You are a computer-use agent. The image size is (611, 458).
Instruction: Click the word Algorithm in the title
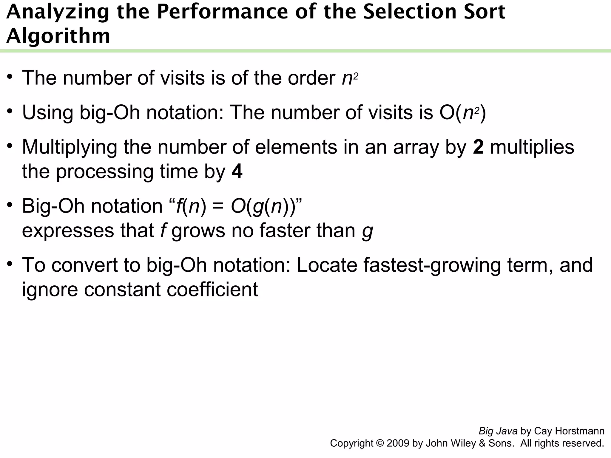coord(58,36)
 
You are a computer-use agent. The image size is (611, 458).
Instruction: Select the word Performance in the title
coord(223,12)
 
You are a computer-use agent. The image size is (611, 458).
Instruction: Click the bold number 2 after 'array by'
coord(478,147)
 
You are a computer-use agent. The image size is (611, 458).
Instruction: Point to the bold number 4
coord(237,172)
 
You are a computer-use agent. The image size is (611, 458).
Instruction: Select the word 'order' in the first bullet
coord(311,78)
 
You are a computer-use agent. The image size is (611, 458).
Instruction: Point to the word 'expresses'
coord(68,231)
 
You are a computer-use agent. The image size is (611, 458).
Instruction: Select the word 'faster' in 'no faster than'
coord(285,230)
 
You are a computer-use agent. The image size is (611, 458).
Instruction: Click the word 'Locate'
coord(327,265)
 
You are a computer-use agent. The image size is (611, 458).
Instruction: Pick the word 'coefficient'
coord(212,289)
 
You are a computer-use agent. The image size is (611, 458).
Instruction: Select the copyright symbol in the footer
coord(380,443)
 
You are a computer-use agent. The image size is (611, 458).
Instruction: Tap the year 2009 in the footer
coord(398,443)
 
